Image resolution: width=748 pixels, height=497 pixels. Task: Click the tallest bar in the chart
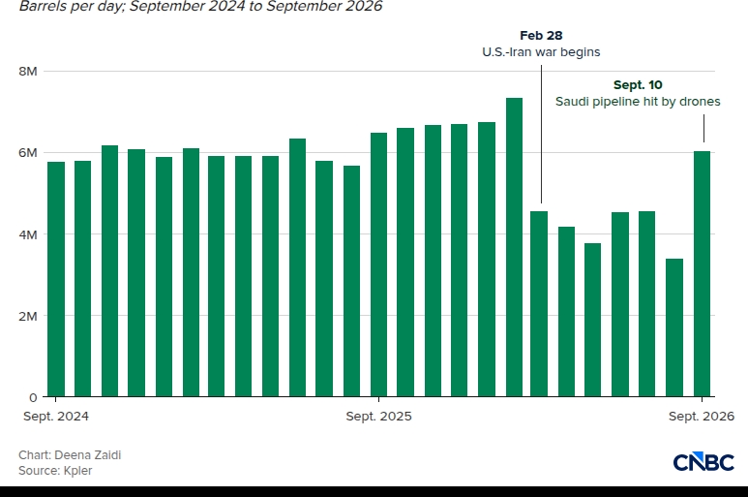tap(514, 247)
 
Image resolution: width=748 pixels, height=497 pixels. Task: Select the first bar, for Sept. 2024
tap(56, 279)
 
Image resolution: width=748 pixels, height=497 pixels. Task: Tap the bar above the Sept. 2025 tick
tap(378, 264)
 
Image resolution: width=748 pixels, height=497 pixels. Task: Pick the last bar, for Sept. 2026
tap(702, 274)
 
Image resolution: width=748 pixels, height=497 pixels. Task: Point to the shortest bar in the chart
tap(674, 327)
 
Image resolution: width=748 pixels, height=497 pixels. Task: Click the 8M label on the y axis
tap(28, 71)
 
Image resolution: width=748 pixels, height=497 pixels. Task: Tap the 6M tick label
tap(28, 153)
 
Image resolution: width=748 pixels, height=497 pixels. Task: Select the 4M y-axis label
tap(28, 234)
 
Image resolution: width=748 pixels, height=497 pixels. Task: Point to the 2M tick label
tap(28, 316)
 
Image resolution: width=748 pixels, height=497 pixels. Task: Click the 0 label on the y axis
tap(33, 397)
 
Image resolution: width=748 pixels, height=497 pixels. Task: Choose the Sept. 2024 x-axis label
tap(56, 417)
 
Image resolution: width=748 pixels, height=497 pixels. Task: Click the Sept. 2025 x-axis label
tap(378, 417)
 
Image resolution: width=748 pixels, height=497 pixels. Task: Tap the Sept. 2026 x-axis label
tap(702, 417)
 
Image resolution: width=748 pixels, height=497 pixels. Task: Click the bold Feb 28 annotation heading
tap(541, 35)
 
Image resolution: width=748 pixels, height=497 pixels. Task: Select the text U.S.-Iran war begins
tap(541, 52)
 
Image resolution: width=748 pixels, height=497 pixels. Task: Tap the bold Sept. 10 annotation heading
tap(638, 85)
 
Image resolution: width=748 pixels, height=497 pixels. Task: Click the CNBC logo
tap(703, 462)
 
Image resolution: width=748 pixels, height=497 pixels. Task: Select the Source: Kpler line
tap(55, 471)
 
